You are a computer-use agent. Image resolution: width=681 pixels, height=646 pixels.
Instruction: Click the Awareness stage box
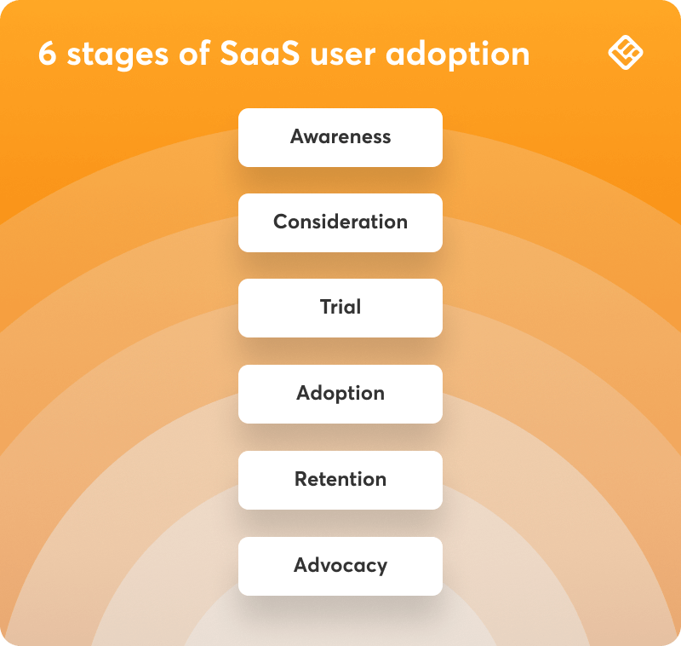tap(340, 137)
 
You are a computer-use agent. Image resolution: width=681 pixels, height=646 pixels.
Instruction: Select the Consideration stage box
tap(340, 222)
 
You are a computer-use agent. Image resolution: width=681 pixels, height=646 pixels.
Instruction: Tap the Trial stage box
tap(340, 308)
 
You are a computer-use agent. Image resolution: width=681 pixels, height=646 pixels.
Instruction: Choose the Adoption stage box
tap(340, 394)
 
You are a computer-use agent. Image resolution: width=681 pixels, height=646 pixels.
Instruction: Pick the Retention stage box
tap(340, 480)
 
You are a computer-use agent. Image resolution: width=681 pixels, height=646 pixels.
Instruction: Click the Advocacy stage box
tap(340, 566)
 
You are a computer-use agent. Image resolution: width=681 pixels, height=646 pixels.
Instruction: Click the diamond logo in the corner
tap(626, 53)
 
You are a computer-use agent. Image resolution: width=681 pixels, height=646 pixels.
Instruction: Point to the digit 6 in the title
tap(48, 54)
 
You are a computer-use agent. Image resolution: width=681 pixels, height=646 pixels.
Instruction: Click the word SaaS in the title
tap(260, 54)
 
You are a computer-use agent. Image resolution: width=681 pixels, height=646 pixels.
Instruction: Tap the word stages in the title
tap(117, 55)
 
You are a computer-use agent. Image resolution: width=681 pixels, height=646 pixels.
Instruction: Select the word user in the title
tap(343, 55)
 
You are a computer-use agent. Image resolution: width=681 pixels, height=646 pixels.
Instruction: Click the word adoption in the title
tap(458, 55)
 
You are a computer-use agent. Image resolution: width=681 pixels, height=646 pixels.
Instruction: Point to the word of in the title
tap(195, 54)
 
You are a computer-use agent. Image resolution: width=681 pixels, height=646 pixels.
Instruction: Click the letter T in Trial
tap(326, 307)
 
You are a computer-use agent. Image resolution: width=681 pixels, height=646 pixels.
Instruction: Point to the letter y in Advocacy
tap(381, 568)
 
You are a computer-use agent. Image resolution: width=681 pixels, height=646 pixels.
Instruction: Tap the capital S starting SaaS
tap(230, 54)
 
